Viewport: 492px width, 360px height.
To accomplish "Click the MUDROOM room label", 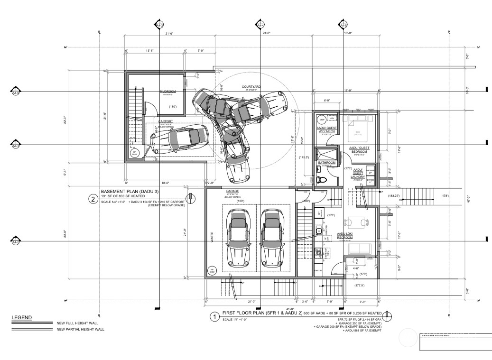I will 167,91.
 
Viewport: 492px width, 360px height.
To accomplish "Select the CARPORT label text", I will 166,121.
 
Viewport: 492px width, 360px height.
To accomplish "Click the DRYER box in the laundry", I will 371,181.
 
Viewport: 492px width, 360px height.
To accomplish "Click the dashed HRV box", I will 332,119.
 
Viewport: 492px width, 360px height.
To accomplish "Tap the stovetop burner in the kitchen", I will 318,253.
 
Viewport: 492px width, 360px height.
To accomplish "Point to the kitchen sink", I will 319,231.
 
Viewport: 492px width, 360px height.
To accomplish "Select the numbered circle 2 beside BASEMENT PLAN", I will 93,199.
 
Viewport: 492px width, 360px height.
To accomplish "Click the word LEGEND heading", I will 22,317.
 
